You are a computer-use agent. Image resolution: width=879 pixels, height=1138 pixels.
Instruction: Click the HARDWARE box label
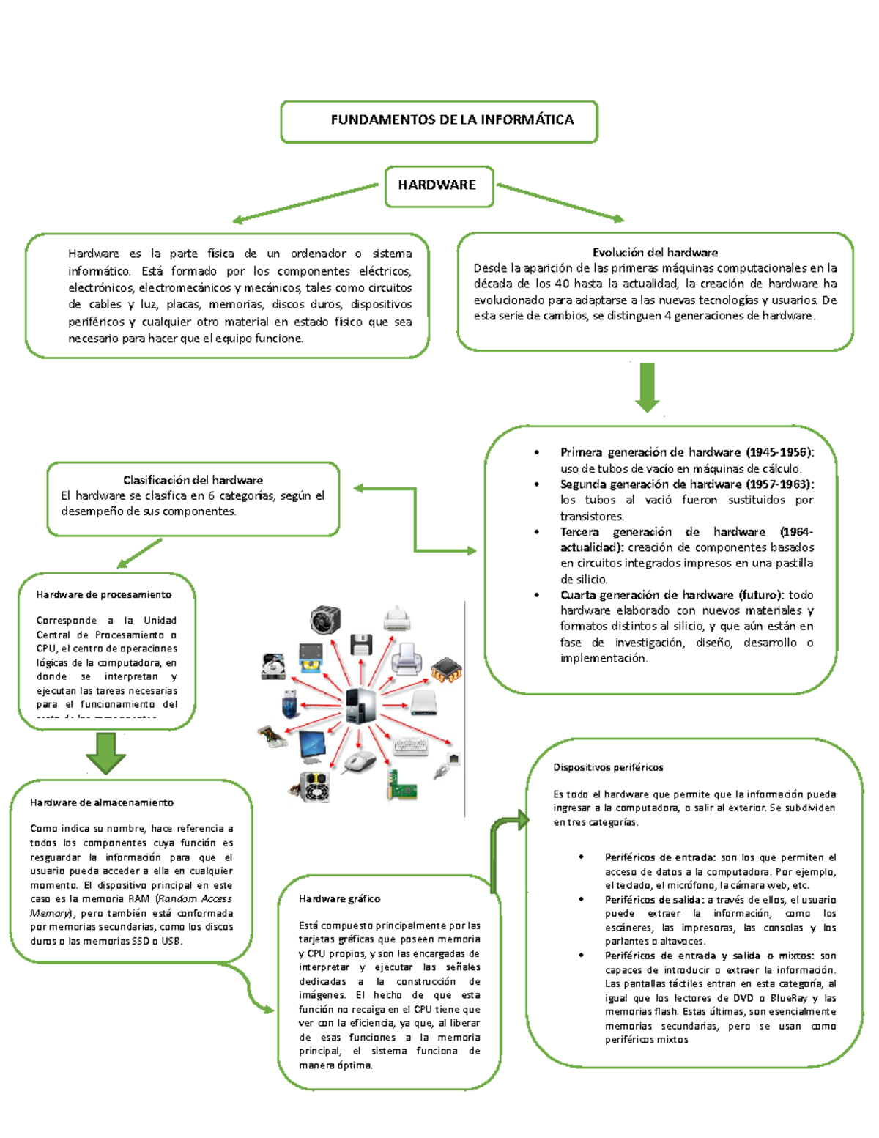tap(437, 185)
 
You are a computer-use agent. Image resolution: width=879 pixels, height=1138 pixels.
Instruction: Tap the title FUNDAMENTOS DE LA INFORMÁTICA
tap(452, 120)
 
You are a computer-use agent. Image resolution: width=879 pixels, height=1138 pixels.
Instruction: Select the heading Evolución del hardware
tap(655, 253)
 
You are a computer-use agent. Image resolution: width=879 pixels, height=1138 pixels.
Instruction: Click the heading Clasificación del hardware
tap(193, 480)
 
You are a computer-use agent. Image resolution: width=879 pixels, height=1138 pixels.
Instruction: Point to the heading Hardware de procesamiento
tap(104, 595)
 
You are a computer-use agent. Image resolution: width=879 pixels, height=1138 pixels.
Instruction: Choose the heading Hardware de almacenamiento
tap(102, 803)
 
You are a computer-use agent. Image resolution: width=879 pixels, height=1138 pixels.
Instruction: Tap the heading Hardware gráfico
tap(339, 899)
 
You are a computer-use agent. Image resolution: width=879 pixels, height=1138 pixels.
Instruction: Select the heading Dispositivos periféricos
tap(608, 768)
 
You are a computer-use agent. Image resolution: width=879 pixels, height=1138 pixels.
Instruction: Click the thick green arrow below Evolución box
tap(647, 388)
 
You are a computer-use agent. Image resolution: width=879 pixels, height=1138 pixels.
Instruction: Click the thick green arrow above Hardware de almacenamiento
tap(105, 753)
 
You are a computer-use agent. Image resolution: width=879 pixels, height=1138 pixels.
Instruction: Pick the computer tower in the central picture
tap(361, 706)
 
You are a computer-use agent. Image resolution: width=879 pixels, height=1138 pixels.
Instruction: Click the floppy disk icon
tap(361, 645)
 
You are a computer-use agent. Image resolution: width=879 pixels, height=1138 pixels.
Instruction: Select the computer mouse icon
tap(359, 761)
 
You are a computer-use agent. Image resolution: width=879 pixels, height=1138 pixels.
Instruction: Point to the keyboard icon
tap(411, 746)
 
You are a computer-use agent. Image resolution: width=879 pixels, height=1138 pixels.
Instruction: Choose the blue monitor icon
tap(314, 746)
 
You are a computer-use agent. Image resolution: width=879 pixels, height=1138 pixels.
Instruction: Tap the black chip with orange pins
tap(446, 669)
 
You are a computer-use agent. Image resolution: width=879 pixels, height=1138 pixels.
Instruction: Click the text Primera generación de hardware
tap(650, 453)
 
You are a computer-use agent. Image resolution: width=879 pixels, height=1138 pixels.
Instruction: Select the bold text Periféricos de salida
tap(654, 900)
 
